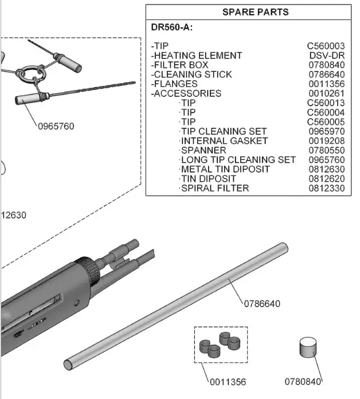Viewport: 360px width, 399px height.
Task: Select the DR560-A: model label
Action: tap(171, 28)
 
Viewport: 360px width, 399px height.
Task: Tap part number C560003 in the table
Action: tap(326, 46)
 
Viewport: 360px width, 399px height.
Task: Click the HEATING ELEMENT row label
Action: tap(196, 56)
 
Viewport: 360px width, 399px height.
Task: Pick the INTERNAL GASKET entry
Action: tap(224, 140)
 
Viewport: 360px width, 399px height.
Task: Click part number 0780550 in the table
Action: tap(327, 150)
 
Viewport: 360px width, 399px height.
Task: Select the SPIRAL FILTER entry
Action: tap(214, 188)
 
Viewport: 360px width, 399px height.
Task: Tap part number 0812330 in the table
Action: tap(327, 188)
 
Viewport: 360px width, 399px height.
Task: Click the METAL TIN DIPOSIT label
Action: tap(225, 169)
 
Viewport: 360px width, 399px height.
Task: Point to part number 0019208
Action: tap(327, 140)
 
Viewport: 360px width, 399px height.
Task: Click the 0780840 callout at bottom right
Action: tap(303, 381)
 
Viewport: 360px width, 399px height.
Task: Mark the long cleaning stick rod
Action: tap(178, 304)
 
